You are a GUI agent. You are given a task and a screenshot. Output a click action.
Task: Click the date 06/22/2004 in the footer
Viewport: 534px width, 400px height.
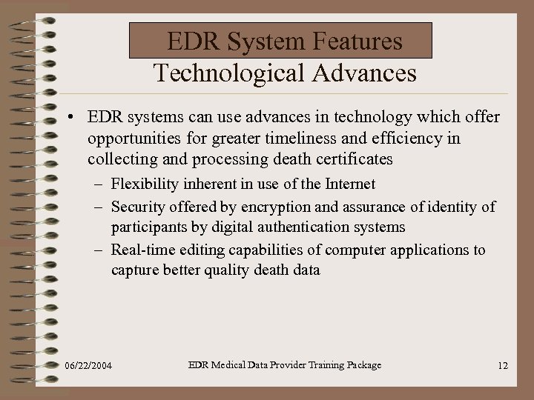pyautogui.click(x=89, y=366)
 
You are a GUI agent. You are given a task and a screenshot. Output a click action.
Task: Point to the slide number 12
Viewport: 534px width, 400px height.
pyautogui.click(x=502, y=366)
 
